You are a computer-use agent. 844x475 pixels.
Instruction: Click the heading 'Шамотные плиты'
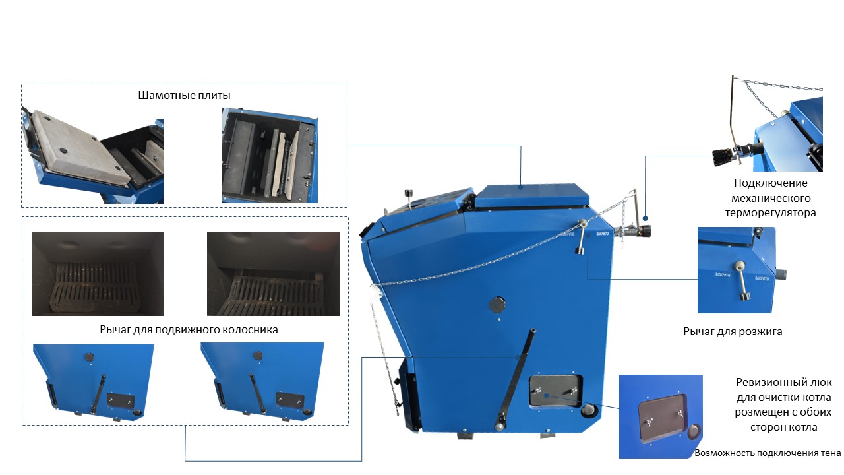coord(184,96)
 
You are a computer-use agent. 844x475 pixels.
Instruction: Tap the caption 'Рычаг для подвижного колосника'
coord(189,329)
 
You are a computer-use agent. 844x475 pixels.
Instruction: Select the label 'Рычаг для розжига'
coord(733,331)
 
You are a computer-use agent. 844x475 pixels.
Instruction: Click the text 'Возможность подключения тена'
coord(768,453)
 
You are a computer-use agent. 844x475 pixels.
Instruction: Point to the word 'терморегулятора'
coord(771,213)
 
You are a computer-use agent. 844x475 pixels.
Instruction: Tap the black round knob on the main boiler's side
coord(497,304)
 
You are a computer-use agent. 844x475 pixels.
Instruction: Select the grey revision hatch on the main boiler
coord(555,391)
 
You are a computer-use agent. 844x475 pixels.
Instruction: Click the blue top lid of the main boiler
coord(531,196)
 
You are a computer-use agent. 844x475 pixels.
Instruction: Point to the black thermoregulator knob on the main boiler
coord(646,231)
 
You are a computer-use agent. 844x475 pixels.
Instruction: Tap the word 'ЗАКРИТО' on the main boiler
coord(602,234)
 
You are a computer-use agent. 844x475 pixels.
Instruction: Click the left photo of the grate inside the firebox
coord(98,274)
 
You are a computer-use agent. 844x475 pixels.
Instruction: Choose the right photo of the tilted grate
coord(274,274)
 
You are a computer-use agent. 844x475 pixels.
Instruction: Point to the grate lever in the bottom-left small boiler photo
coord(98,394)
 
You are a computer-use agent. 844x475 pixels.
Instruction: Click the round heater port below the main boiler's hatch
coord(589,410)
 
